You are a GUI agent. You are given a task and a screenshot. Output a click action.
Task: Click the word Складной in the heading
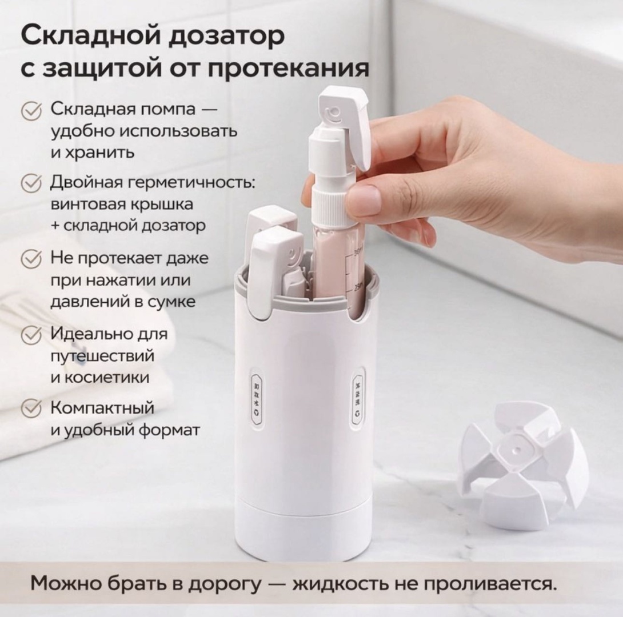(x=85, y=36)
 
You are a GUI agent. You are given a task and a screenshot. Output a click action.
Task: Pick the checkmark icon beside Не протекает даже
(x=31, y=258)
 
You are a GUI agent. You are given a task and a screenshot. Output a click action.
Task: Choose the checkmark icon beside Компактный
(x=31, y=408)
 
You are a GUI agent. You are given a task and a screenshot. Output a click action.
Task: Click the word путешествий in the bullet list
(x=102, y=356)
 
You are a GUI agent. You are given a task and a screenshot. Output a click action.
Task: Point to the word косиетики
(x=106, y=377)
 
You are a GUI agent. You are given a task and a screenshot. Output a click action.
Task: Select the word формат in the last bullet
(x=169, y=430)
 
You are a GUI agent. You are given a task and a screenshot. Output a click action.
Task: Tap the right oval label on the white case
(x=358, y=398)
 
